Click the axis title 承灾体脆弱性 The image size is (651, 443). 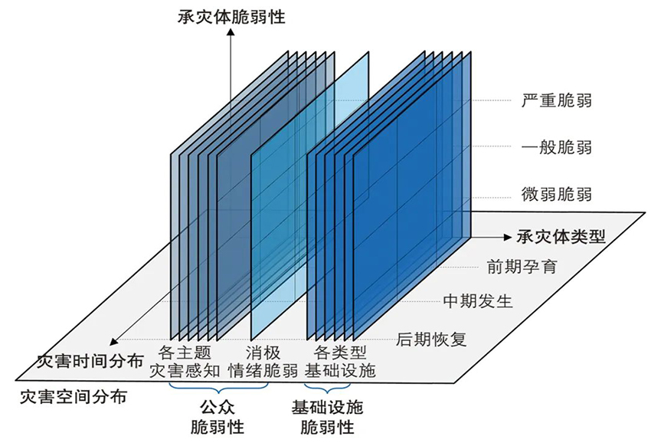coord(231,16)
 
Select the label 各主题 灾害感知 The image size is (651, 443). coord(184,362)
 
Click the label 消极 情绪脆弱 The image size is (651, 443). coord(263,362)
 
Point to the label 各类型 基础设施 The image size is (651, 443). coord(340,362)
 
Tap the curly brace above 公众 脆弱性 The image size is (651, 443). coord(217,389)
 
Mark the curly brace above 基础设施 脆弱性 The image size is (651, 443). coord(328,389)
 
